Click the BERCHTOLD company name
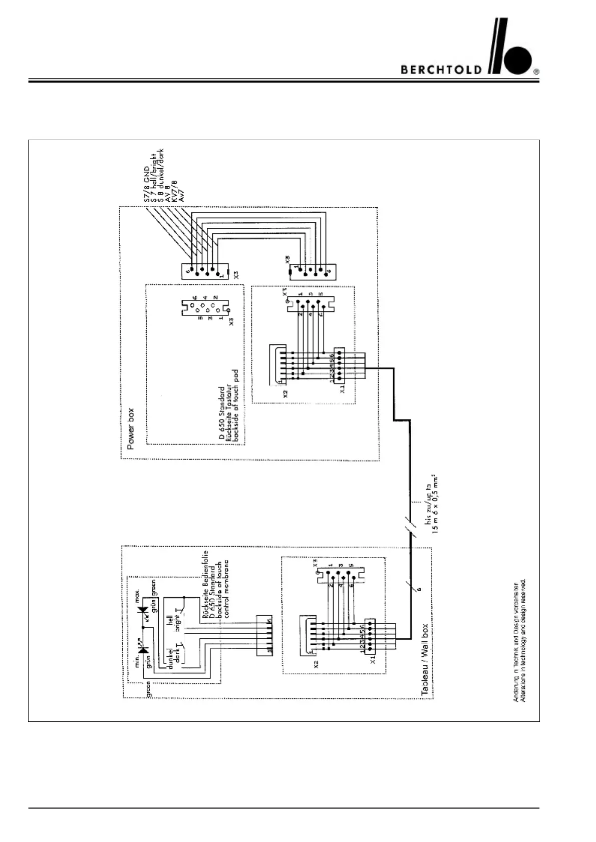[441, 70]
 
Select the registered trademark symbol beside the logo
[536, 72]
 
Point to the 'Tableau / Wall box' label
[425, 660]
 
